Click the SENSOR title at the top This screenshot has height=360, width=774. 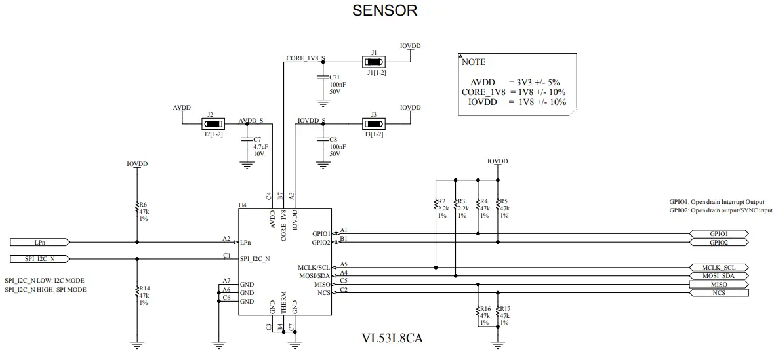(384, 10)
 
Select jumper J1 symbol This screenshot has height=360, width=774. (373, 62)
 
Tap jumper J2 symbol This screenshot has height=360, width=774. (211, 123)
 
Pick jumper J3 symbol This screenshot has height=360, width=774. (373, 123)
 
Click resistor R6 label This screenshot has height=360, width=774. (142, 204)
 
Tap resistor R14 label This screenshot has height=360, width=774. (144, 288)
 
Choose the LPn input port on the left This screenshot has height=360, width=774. (39, 242)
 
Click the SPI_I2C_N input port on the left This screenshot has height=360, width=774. (39, 258)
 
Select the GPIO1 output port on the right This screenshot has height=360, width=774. (718, 233)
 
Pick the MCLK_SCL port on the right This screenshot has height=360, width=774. (718, 268)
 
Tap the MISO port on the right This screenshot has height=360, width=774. (718, 285)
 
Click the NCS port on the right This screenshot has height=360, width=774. (718, 293)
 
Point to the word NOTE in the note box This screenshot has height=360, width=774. (474, 62)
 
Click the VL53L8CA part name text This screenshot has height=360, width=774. (392, 339)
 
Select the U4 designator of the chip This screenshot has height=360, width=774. (242, 205)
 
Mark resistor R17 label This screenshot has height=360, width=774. (504, 309)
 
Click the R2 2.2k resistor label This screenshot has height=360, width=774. (441, 201)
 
